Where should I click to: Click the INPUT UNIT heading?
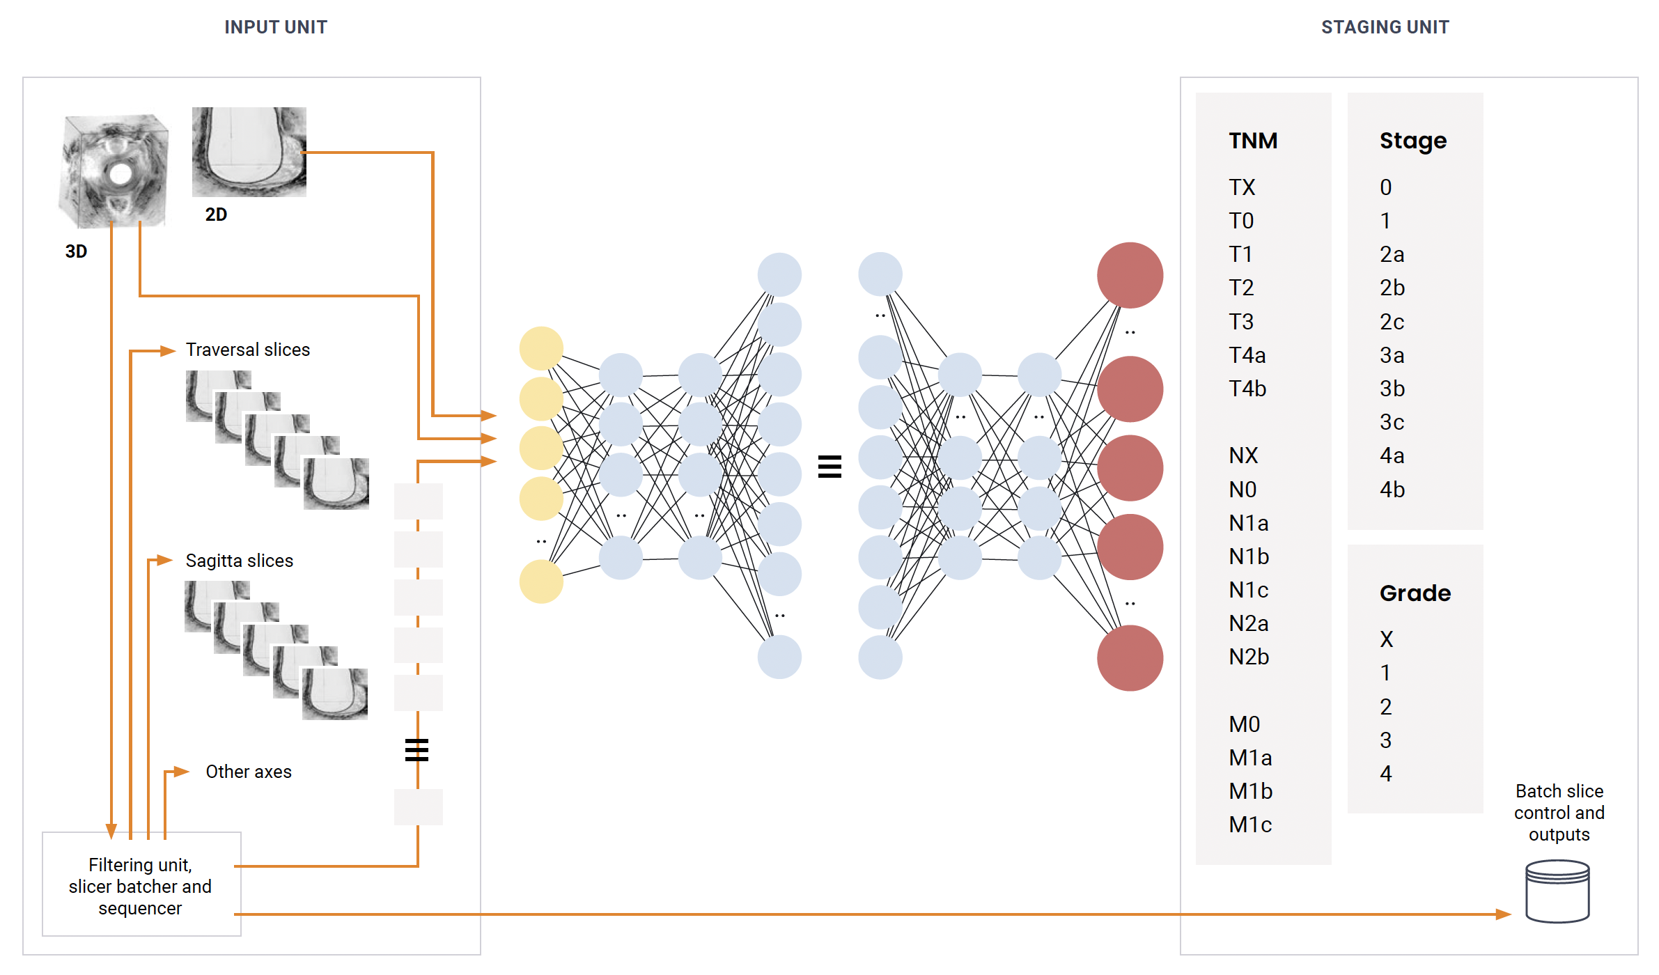click(275, 27)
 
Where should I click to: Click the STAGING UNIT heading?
click(1385, 27)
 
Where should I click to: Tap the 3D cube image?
click(115, 171)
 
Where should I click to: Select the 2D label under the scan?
click(216, 214)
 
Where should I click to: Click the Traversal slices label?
click(247, 350)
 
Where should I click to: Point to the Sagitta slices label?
click(239, 561)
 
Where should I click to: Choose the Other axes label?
click(248, 772)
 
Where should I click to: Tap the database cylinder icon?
click(1557, 891)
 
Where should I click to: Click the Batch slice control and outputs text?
click(1559, 813)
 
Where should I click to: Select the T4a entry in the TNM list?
click(1247, 355)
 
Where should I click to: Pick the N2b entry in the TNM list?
click(1249, 657)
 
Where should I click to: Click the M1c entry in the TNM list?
click(1250, 825)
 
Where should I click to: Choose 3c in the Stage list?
click(1392, 422)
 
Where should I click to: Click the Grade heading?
click(1415, 593)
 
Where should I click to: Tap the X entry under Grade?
click(1387, 639)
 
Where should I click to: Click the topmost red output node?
click(1130, 275)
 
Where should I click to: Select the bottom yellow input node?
click(541, 582)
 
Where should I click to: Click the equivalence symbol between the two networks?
click(829, 467)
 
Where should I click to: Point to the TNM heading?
click(1253, 141)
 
